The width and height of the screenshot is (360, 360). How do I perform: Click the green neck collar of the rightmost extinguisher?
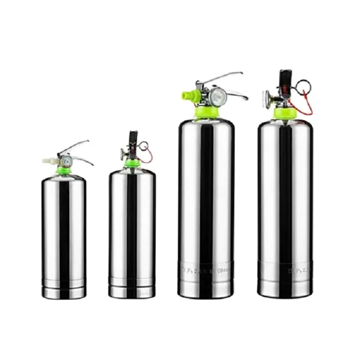point(285,114)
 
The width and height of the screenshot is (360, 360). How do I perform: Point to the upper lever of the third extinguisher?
point(224,76)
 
